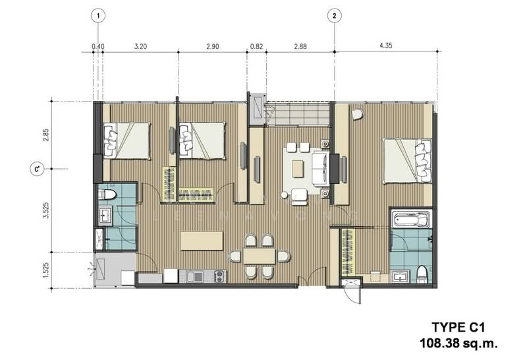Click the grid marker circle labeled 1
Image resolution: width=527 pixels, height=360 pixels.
point(97,15)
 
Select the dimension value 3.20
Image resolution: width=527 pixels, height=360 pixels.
point(140,46)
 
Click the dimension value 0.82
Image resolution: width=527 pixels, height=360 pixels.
point(256,46)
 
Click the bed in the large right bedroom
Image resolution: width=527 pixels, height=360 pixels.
point(408,160)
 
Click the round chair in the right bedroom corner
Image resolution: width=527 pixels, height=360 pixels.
point(356,114)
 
